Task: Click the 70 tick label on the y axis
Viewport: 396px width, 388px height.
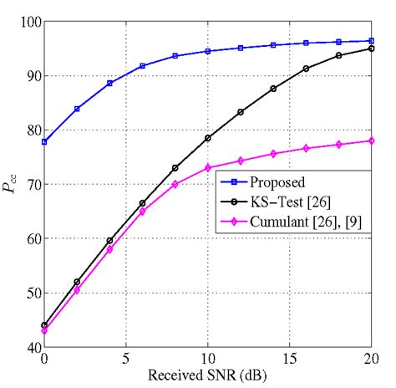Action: pyautogui.click(x=31, y=184)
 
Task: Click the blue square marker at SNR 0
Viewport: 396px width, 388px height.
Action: pyautogui.click(x=44, y=142)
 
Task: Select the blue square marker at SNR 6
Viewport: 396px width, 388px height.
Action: pyautogui.click(x=142, y=66)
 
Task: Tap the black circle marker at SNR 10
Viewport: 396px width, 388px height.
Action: pyautogui.click(x=208, y=138)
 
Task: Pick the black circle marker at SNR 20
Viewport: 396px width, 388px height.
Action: pyautogui.click(x=371, y=48)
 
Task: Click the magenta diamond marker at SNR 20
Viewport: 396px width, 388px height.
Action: pyautogui.click(x=371, y=140)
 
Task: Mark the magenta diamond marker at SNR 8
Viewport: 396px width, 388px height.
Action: pyautogui.click(x=175, y=184)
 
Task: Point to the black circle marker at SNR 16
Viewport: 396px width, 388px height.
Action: pyautogui.click(x=306, y=69)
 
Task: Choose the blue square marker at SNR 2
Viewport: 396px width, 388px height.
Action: pyautogui.click(x=77, y=109)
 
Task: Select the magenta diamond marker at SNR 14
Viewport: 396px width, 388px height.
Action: pyautogui.click(x=273, y=154)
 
